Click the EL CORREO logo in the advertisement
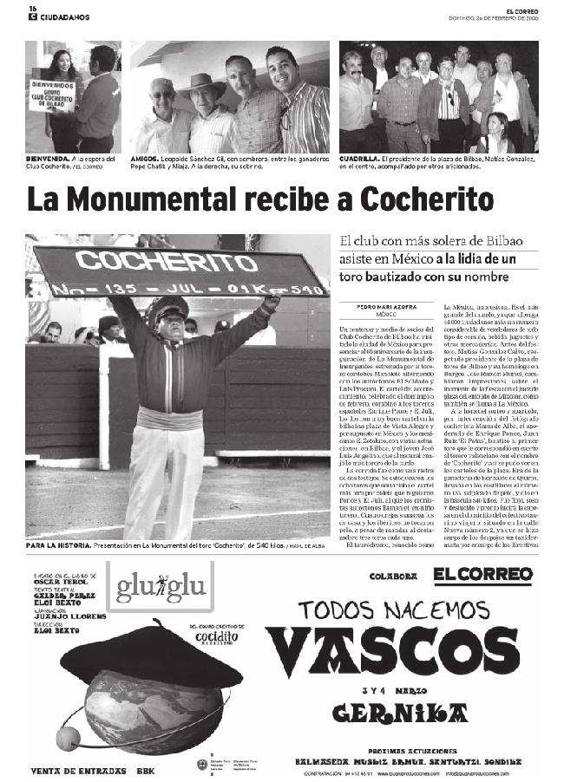(x=482, y=575)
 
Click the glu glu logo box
(x=160, y=586)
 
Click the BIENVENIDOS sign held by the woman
(x=52, y=94)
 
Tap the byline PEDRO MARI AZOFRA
(x=386, y=307)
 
